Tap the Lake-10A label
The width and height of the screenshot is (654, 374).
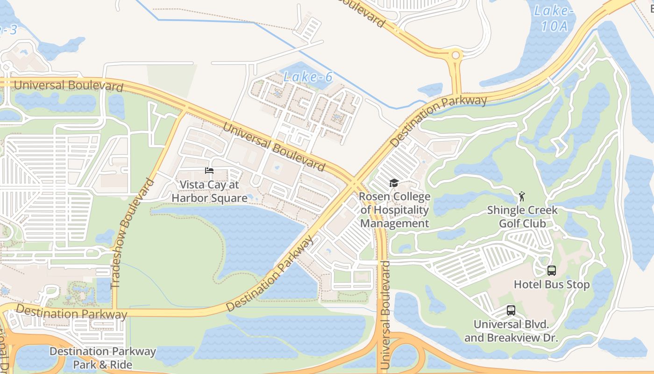[554, 18]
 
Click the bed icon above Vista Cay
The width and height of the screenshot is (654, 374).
[209, 171]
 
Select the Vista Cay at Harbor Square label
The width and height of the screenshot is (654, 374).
[209, 191]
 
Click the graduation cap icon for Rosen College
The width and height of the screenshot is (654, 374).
[394, 183]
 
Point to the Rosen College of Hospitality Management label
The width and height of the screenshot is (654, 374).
[395, 210]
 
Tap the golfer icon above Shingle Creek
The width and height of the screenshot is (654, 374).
[522, 196]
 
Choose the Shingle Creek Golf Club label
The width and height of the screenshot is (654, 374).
[522, 217]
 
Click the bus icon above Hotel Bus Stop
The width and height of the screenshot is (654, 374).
[552, 270]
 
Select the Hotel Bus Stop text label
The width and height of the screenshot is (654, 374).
[552, 284]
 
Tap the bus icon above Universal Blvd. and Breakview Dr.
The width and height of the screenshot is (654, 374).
[511, 310]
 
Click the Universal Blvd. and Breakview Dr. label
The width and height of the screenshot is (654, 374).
[511, 331]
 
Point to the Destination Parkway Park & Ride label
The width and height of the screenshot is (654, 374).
[103, 358]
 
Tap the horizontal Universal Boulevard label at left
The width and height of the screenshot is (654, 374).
[69, 86]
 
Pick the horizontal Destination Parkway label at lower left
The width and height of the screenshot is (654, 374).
[71, 312]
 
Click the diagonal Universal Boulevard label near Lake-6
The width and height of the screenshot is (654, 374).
[274, 146]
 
